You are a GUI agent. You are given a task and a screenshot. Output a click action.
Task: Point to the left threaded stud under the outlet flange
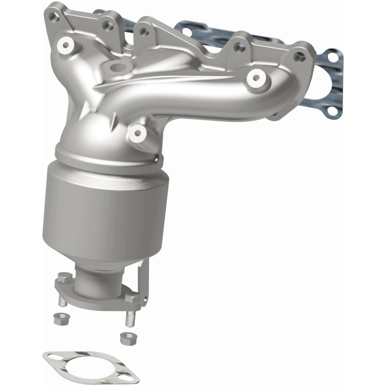click(x=63, y=301)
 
